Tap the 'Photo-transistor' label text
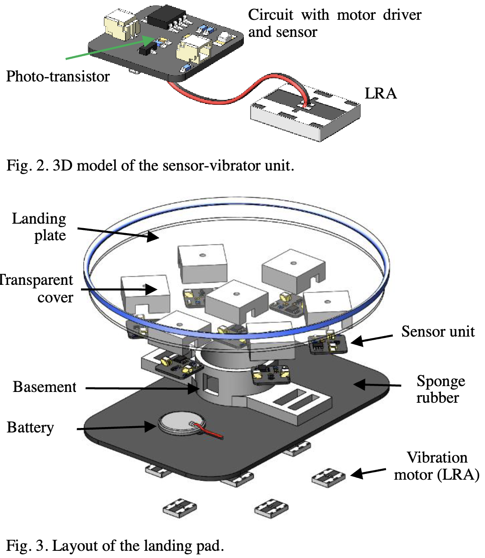click(x=58, y=76)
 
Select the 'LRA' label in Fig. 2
click(x=381, y=94)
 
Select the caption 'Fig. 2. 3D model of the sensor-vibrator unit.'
click(x=150, y=166)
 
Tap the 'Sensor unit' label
click(x=438, y=332)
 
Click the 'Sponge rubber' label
click(x=440, y=389)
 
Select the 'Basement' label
click(x=45, y=387)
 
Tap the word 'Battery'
click(x=31, y=427)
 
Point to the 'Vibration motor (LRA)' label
click(x=436, y=466)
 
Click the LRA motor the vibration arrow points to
click(x=328, y=477)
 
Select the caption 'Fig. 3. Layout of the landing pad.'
click(x=115, y=546)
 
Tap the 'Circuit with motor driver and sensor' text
click(x=334, y=23)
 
